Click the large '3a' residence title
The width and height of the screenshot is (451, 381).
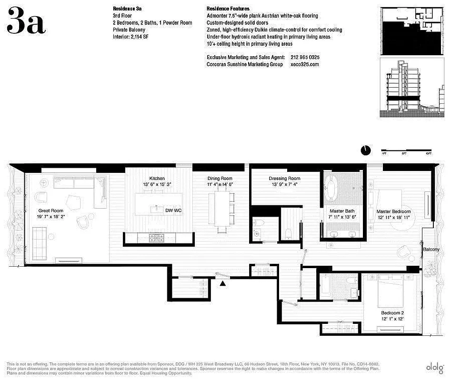tap(26, 22)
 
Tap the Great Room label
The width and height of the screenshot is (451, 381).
tap(50, 210)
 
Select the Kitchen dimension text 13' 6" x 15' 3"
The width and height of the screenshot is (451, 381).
tap(157, 184)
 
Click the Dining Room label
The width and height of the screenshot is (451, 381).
tap(220, 178)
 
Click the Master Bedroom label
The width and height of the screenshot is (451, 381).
tap(393, 211)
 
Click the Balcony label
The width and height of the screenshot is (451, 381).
tap(431, 249)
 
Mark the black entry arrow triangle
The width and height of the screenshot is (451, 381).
tap(223, 284)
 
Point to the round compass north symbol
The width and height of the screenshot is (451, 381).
tap(365, 150)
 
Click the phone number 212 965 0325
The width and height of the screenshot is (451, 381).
tap(305, 57)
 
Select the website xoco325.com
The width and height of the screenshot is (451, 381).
tap(304, 64)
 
